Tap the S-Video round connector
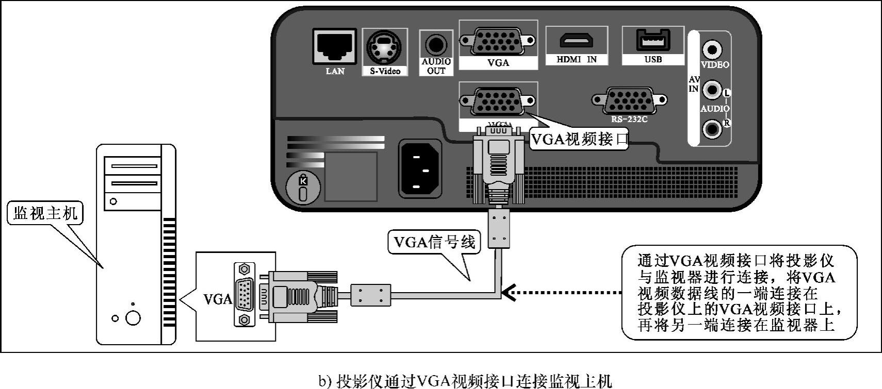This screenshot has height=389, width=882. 385,48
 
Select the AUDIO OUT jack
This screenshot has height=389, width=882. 436,44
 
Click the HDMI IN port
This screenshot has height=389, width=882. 577,40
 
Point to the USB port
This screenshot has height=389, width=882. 652,39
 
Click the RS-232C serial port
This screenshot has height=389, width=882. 629,100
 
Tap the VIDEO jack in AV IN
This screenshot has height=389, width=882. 713,50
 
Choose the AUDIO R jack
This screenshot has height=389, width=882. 713,128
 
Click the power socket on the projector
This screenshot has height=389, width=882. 420,169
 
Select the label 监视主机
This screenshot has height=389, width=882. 45,213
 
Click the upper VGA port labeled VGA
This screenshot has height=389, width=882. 498,41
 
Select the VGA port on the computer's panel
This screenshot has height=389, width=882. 244,295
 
